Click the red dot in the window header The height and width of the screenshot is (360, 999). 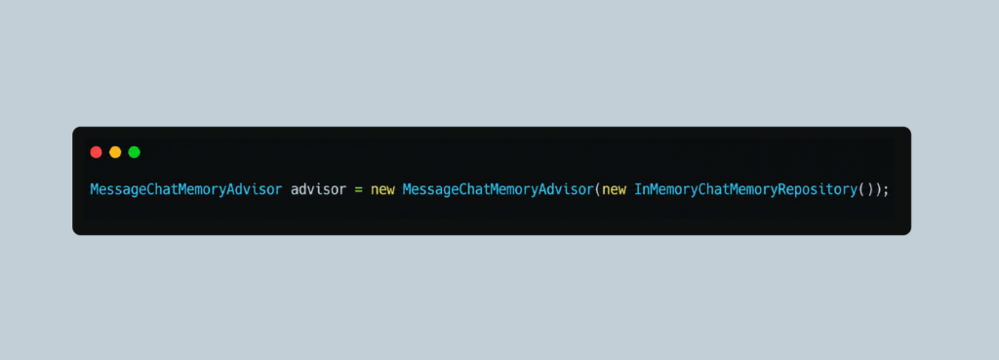97,152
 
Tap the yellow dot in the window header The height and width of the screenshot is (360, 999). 115,152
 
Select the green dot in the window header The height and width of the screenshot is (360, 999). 134,152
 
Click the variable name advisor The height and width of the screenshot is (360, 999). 319,190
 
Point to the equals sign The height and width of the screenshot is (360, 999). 359,190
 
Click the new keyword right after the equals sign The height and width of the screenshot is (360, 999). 382,190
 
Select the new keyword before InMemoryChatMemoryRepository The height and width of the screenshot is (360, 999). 615,190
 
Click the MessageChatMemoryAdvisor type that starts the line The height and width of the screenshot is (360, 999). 186,190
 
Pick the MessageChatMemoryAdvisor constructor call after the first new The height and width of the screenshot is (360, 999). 499,190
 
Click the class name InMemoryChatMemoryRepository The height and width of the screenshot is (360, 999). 746,190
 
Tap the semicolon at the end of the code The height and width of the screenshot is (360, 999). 885,191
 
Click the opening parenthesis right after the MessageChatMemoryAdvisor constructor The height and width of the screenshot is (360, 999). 598,190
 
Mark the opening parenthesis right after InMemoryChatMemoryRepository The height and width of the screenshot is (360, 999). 862,190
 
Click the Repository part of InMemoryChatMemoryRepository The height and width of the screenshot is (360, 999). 818,190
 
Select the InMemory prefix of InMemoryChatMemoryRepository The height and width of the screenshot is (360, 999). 665,190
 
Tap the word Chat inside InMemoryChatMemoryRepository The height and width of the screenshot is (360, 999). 713,190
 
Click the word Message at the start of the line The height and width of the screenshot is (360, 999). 118,190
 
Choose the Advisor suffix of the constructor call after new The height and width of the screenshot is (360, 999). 566,190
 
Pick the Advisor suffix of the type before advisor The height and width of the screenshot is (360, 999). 254,190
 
